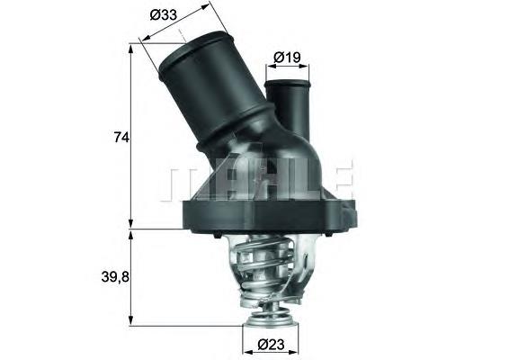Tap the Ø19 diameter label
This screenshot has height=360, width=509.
286,57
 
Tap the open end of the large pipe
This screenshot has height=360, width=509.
192,50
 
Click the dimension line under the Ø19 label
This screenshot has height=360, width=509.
286,67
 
